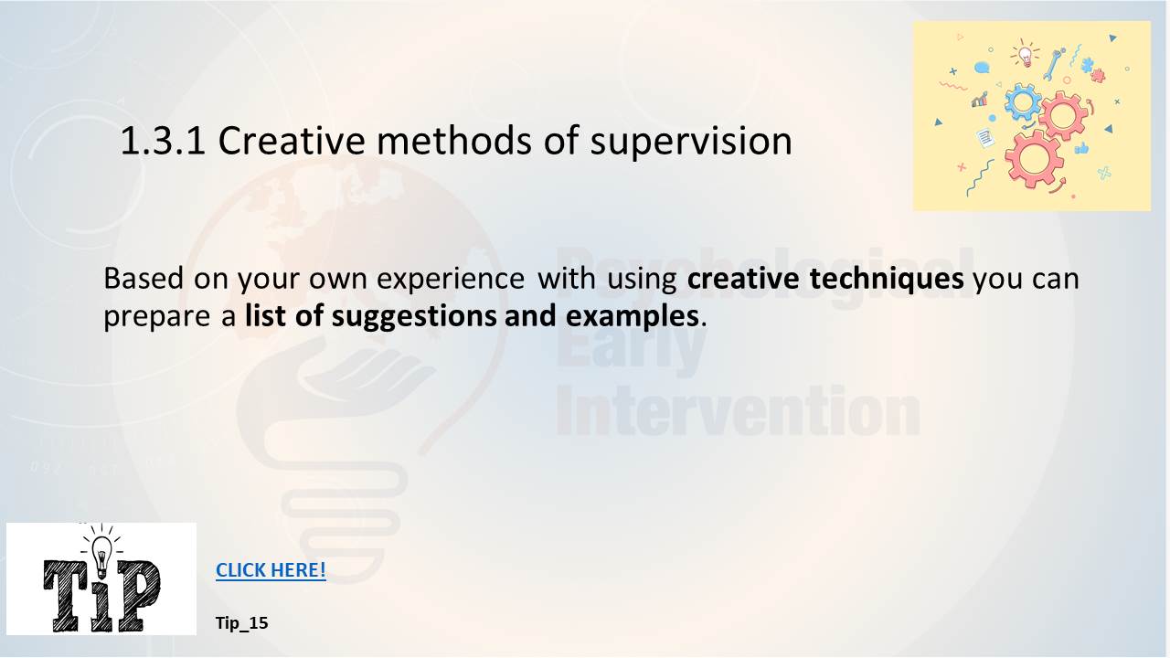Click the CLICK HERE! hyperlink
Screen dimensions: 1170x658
(271, 569)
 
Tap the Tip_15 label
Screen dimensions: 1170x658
(242, 623)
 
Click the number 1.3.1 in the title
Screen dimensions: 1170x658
(163, 141)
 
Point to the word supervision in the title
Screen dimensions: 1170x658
(691, 142)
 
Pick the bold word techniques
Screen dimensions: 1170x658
(887, 279)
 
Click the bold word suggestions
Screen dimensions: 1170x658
(414, 317)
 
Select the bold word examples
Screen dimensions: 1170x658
(632, 317)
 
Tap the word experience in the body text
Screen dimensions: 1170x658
(451, 280)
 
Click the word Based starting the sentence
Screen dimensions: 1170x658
(144, 278)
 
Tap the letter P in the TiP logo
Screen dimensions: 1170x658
(138, 595)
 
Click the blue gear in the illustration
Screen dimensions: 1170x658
(1023, 101)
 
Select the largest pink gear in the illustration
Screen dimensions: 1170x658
(1034, 159)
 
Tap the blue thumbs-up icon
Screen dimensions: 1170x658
(1081, 149)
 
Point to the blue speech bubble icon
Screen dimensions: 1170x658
(982, 68)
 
